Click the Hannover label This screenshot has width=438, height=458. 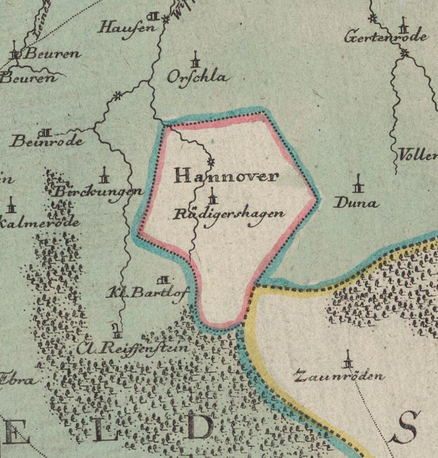coord(225,176)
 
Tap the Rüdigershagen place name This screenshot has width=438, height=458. coord(229,215)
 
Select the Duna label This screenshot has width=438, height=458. coord(356,203)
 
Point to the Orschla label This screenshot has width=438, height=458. coord(198,77)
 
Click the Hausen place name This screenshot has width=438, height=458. coord(127,28)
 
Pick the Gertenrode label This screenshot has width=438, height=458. coord(385,37)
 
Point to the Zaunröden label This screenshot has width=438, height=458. coord(340,376)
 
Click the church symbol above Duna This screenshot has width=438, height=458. coord(360,184)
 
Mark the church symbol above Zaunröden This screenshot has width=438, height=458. coord(346,360)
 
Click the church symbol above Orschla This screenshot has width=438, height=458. coord(195,58)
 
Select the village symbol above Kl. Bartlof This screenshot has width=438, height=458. coord(165,280)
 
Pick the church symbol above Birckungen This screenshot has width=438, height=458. coord(105,173)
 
